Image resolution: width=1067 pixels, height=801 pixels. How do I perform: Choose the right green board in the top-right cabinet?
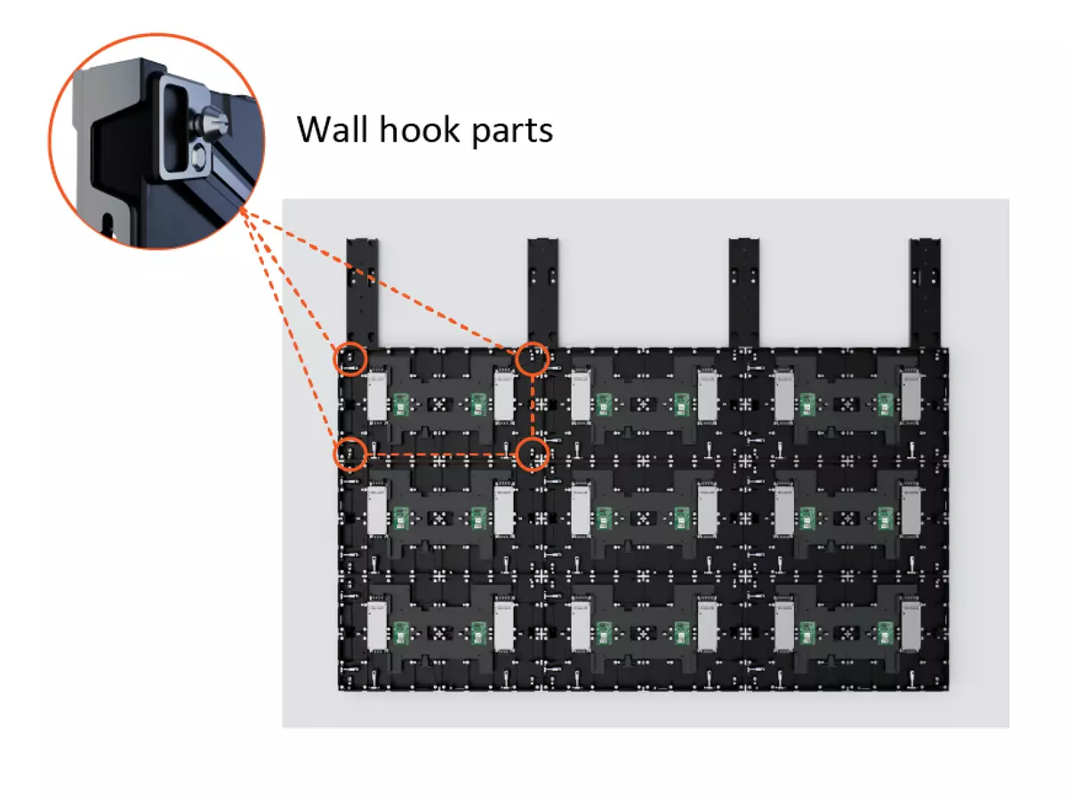[x=885, y=405]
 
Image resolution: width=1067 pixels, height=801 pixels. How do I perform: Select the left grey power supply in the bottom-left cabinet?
[x=375, y=626]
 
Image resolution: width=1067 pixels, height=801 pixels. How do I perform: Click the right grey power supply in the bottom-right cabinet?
[x=911, y=626]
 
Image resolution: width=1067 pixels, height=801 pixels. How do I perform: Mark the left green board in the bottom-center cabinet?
[x=604, y=632]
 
